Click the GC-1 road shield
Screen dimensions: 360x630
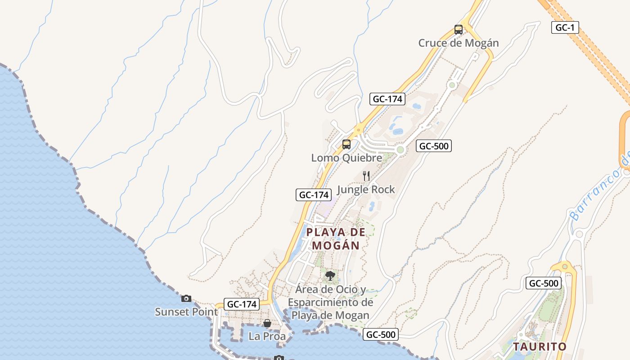click(x=565, y=27)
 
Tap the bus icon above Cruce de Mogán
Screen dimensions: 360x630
click(x=459, y=30)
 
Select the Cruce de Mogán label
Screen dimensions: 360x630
click(x=459, y=43)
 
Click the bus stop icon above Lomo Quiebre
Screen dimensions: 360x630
click(x=346, y=144)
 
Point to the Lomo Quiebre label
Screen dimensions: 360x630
click(x=346, y=158)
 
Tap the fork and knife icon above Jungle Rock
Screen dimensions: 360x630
click(x=366, y=176)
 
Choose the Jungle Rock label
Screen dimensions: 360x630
click(x=366, y=189)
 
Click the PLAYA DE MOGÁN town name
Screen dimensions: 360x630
click(x=336, y=239)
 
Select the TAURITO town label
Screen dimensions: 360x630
click(x=540, y=347)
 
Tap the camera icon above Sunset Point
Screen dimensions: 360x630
click(x=186, y=298)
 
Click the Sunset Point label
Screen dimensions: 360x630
click(x=186, y=311)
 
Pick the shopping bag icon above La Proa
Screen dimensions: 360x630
click(x=267, y=323)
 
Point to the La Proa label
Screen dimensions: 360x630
click(x=267, y=336)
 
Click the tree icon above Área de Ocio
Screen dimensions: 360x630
click(x=330, y=275)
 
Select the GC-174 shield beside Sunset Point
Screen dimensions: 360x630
click(x=242, y=304)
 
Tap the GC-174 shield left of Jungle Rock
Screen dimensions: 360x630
click(x=314, y=195)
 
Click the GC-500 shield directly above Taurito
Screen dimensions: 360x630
click(x=544, y=283)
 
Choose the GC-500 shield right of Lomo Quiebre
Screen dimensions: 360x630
click(x=434, y=146)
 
